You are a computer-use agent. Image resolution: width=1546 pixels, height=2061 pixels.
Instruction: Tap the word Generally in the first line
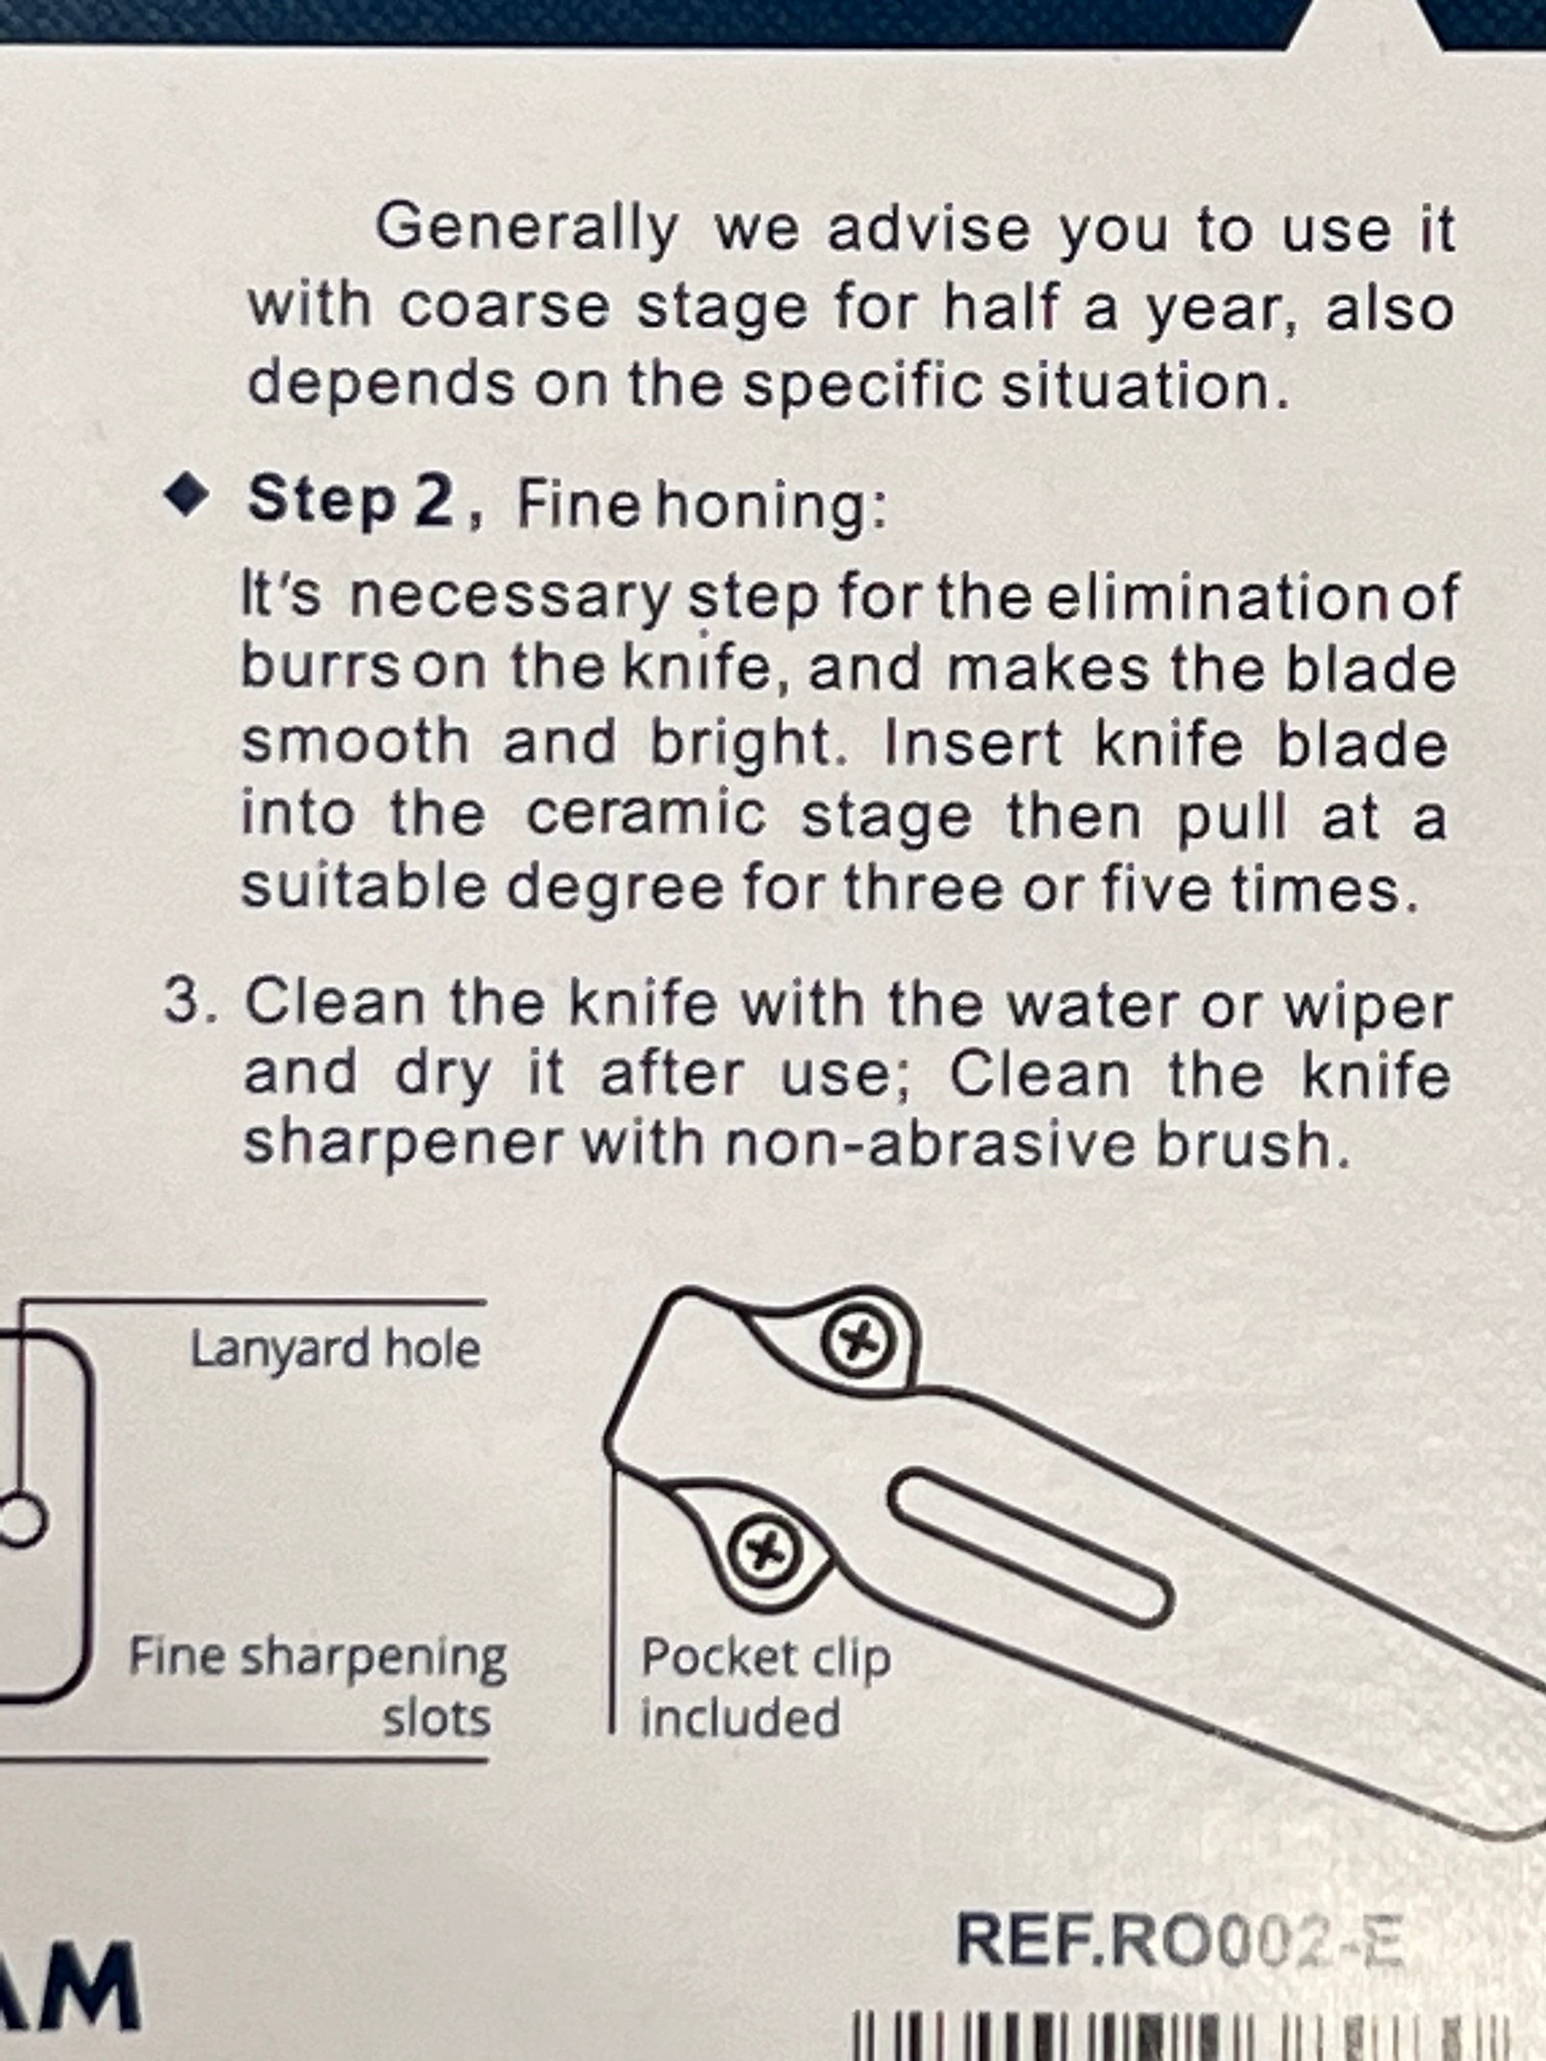[x=527, y=228]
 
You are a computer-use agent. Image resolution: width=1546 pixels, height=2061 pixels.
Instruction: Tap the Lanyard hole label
[x=335, y=1348]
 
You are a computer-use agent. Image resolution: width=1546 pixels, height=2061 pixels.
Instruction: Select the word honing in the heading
[x=760, y=506]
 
